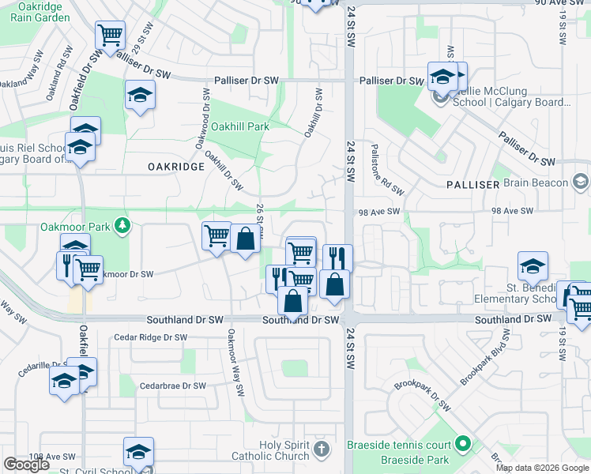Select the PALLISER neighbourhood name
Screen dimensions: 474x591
(x=472, y=184)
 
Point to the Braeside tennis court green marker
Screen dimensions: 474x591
(x=464, y=446)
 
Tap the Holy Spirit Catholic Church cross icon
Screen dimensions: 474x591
(x=320, y=450)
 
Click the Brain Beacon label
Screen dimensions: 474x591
(x=535, y=182)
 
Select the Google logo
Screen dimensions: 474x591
(x=26, y=465)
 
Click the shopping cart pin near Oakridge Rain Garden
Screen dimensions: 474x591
(x=110, y=36)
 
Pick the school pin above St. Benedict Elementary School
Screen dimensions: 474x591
(x=533, y=267)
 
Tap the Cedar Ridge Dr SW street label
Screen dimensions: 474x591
(x=149, y=337)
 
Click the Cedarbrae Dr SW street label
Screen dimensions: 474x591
(x=172, y=386)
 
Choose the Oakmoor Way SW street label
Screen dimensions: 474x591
(x=235, y=363)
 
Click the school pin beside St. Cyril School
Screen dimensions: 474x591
(x=138, y=453)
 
